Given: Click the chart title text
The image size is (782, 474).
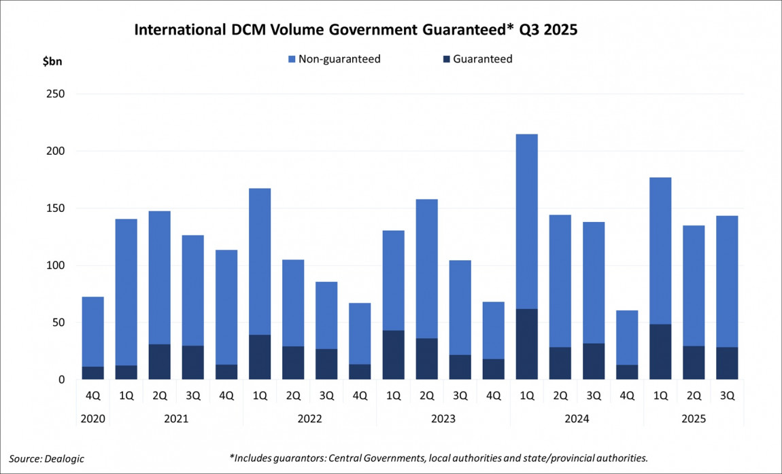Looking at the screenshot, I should [355, 31].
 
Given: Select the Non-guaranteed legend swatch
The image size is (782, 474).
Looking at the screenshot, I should [292, 59].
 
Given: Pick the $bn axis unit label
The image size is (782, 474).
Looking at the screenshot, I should [52, 61].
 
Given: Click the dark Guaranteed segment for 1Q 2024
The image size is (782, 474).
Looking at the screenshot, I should [527, 344].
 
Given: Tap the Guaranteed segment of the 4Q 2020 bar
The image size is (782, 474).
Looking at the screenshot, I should [92, 373].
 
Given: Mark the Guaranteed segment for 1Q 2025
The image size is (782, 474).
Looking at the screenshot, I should [660, 352].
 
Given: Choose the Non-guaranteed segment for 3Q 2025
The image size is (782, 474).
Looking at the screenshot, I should [727, 281].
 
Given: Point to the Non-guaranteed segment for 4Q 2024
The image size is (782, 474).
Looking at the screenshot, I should [627, 338].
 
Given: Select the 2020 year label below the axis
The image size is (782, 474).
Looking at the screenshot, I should [92, 419].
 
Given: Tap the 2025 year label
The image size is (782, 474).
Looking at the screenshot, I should [694, 419].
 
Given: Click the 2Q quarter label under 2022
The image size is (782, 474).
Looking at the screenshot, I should [293, 395].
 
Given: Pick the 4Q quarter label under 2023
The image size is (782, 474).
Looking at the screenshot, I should [494, 395].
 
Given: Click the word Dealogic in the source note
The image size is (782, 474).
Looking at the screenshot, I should [65, 458].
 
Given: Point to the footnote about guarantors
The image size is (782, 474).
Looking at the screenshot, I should [439, 458].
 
